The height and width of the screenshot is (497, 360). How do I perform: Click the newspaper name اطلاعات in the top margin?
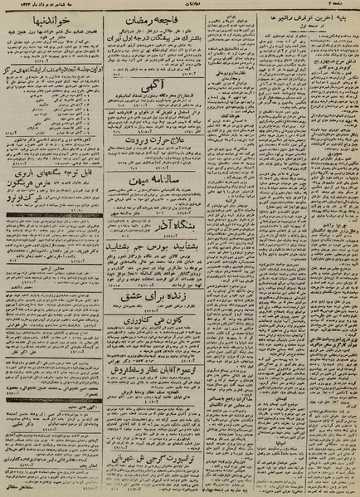pyautogui.click(x=179, y=5)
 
